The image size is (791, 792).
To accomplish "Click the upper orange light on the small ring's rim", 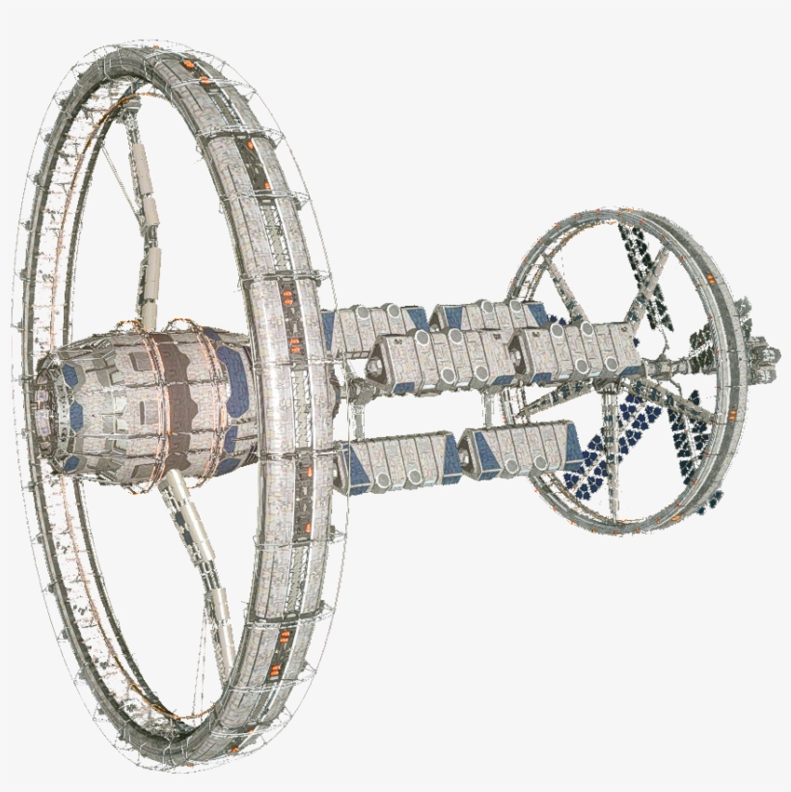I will [x=711, y=280].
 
